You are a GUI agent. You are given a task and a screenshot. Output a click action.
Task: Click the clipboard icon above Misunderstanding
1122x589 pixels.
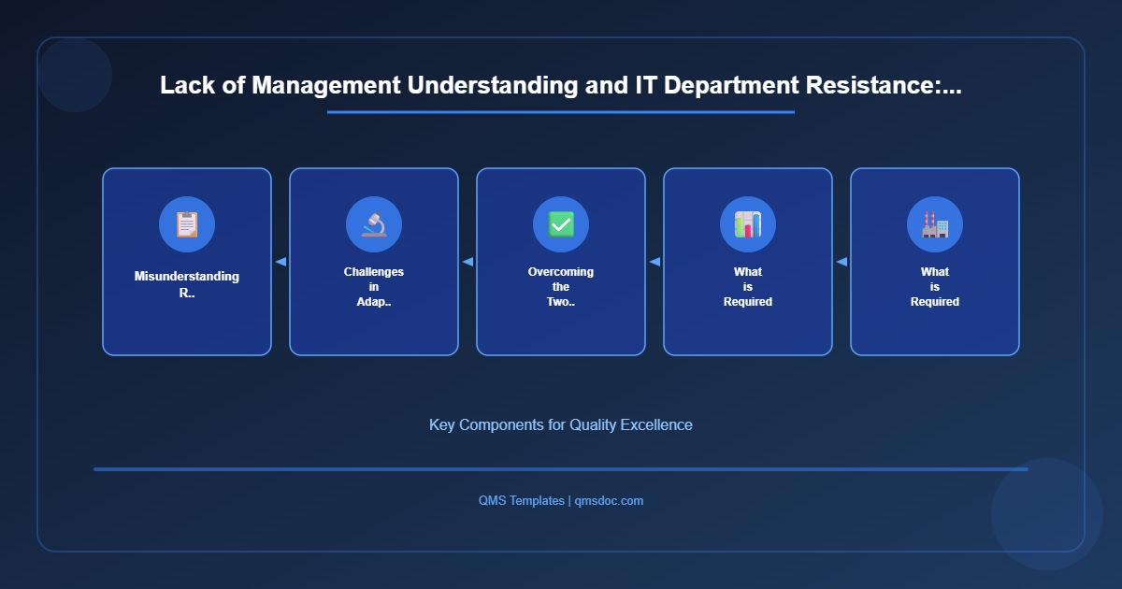tap(187, 224)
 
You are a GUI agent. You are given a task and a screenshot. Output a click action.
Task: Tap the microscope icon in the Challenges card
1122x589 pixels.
tap(374, 224)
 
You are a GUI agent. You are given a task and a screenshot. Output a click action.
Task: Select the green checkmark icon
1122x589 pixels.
tap(561, 224)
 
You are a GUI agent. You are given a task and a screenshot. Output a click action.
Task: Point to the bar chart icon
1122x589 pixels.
tap(748, 224)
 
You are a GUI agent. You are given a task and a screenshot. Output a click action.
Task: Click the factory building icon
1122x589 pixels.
tap(935, 224)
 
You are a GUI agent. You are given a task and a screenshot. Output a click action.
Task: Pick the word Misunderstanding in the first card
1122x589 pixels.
tap(187, 276)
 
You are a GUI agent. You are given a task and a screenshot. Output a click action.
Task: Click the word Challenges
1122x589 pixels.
tap(374, 272)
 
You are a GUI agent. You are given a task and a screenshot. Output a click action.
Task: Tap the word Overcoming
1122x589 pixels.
tap(561, 272)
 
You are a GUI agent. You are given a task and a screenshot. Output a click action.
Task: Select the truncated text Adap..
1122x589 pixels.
tap(374, 302)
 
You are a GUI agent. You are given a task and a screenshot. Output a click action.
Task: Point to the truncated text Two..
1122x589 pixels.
tap(561, 302)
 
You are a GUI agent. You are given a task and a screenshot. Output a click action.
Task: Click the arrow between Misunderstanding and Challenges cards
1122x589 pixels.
tap(280, 262)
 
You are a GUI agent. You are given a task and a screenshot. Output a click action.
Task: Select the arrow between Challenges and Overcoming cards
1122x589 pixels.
tap(467, 262)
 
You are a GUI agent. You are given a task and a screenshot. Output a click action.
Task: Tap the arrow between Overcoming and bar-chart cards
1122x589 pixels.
tap(654, 262)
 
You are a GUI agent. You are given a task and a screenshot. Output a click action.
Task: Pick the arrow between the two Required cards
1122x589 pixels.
tap(841, 262)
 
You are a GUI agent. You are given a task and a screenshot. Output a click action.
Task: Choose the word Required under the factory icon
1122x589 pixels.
tap(935, 302)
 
